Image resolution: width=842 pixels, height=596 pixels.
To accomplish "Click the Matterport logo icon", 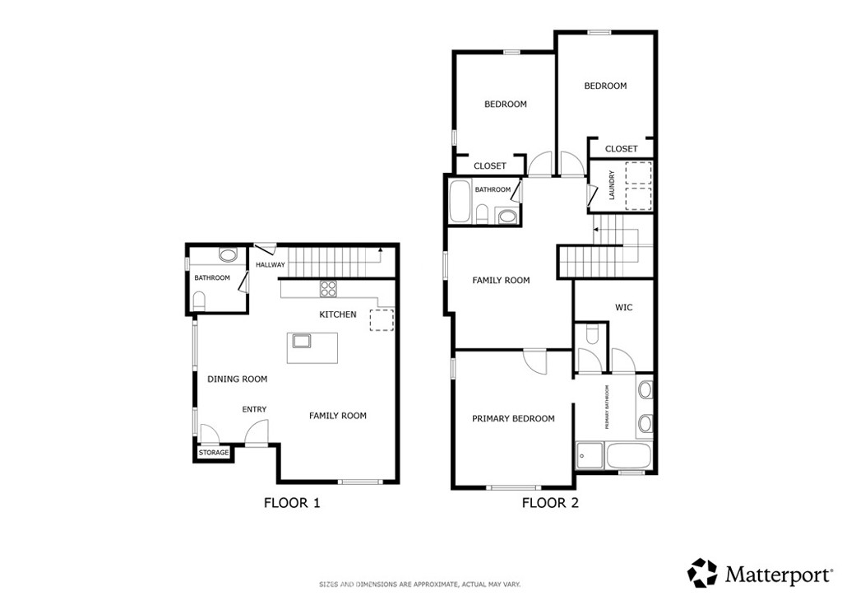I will pos(702,572).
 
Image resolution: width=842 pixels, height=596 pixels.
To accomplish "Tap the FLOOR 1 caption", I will pos(291,502).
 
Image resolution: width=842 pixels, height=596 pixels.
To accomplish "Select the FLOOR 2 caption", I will pos(550,502).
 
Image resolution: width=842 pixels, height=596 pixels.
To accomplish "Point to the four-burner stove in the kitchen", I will pos(328,288).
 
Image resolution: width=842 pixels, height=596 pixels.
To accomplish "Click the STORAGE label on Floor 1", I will pos(214,453).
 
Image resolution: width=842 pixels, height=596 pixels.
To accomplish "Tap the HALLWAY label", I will pos(270,265).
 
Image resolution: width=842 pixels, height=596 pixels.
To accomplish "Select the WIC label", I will pos(623,308).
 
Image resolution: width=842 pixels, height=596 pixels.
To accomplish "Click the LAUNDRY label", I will pos(611,185).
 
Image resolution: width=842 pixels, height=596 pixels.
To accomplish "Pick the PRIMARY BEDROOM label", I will pos(513,418).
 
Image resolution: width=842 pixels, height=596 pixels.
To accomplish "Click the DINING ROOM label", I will pos(237,379).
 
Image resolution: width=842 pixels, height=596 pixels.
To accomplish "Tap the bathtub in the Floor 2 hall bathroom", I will pos(459,202).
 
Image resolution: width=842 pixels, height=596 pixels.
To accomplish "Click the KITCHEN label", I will pos(338,314).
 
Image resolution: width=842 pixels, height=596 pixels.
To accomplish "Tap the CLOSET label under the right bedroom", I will pos(621,149).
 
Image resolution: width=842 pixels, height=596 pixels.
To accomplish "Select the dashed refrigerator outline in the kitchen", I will pos(382,319).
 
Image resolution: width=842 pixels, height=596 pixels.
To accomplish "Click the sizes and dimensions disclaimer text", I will pos(419,584).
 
